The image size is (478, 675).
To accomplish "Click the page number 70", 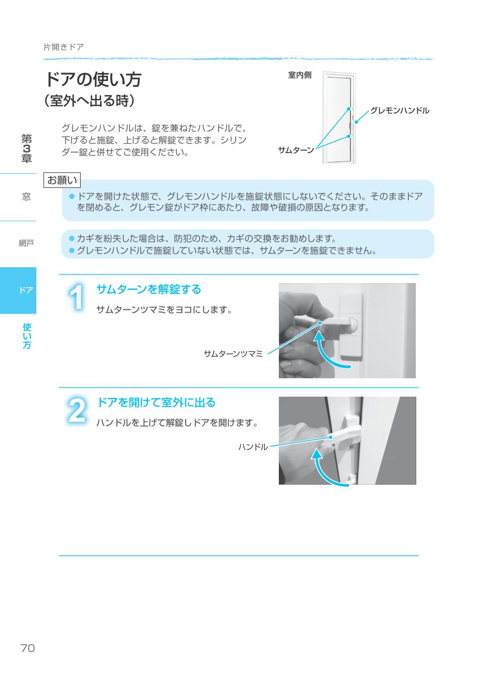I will point(27,648).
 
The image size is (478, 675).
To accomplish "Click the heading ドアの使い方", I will point(93,79).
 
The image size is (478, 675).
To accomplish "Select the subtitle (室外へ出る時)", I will point(90,101).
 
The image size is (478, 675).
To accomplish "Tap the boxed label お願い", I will point(62,180).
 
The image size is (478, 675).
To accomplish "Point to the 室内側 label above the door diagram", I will point(300,75).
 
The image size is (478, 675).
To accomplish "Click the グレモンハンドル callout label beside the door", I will point(399,110).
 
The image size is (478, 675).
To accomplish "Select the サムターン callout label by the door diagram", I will point(296,150).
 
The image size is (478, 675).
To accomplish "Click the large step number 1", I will point(76,297).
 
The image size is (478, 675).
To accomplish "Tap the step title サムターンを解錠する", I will point(148,289).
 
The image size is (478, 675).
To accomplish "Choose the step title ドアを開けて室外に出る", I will point(156,402).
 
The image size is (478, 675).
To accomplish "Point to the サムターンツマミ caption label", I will point(233,354).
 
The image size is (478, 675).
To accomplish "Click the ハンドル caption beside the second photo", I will point(253,447).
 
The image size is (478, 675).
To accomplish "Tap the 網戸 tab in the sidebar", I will point(26,243).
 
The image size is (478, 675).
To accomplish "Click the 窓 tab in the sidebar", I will point(26,197).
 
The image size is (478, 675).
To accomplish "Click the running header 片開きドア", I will point(63,47).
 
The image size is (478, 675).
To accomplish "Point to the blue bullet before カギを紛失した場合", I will point(71,239).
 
